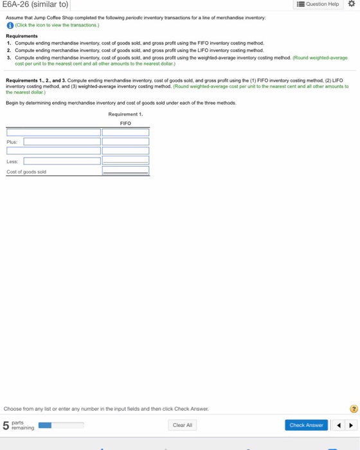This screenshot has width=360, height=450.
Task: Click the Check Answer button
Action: click(x=305, y=425)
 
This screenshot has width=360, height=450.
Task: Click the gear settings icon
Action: click(x=351, y=4)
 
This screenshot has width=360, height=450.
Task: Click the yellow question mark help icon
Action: click(x=352, y=408)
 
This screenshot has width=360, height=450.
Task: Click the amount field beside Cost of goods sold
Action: click(x=125, y=172)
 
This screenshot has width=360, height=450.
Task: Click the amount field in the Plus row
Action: click(x=125, y=141)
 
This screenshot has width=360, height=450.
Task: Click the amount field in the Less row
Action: click(x=125, y=161)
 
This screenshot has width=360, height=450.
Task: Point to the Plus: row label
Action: click(x=12, y=141)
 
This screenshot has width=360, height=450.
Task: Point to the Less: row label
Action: click(x=12, y=161)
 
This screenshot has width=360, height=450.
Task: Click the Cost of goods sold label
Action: click(x=26, y=172)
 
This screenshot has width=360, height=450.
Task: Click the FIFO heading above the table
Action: click(x=125, y=123)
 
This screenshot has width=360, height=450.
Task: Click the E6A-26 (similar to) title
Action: click(x=36, y=5)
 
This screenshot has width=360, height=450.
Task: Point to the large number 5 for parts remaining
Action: click(x=6, y=426)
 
